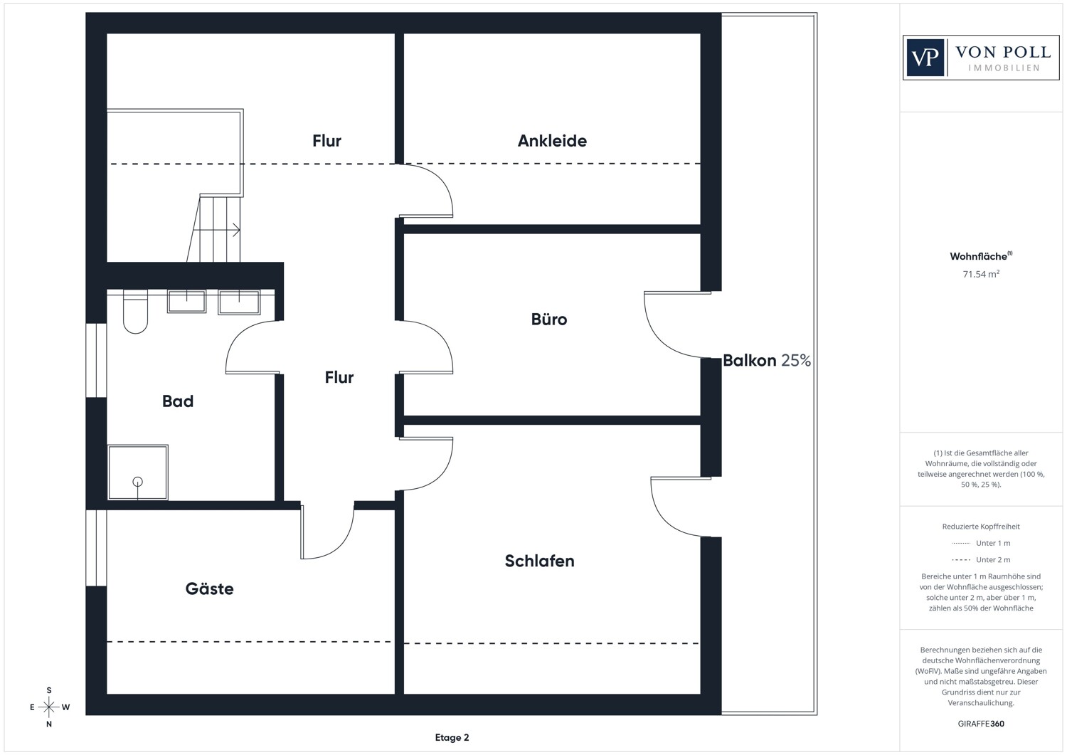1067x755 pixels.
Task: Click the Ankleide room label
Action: click(x=552, y=141)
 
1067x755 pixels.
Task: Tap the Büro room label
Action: click(x=548, y=319)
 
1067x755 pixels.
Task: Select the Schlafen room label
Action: click(x=539, y=561)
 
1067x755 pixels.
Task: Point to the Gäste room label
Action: click(x=209, y=588)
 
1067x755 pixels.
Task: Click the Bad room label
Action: click(x=178, y=401)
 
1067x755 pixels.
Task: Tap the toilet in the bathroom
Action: click(x=135, y=312)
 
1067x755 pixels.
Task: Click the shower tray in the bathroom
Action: click(x=138, y=472)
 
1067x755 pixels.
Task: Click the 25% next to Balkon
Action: click(x=796, y=360)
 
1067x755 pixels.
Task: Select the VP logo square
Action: click(x=925, y=58)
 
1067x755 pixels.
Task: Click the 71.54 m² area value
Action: click(x=981, y=274)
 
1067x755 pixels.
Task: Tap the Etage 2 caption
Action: click(x=452, y=737)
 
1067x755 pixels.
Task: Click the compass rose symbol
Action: click(x=48, y=707)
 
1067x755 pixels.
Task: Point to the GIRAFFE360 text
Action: click(x=981, y=724)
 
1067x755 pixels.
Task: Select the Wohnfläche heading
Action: click(x=981, y=256)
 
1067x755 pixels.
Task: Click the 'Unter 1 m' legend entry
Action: click(x=981, y=543)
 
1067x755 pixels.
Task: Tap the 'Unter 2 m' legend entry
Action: click(x=981, y=559)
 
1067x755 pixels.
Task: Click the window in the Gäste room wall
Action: click(x=96, y=548)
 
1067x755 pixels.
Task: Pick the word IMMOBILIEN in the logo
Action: click(x=1004, y=68)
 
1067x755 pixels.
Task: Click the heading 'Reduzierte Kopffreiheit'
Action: click(x=981, y=527)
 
